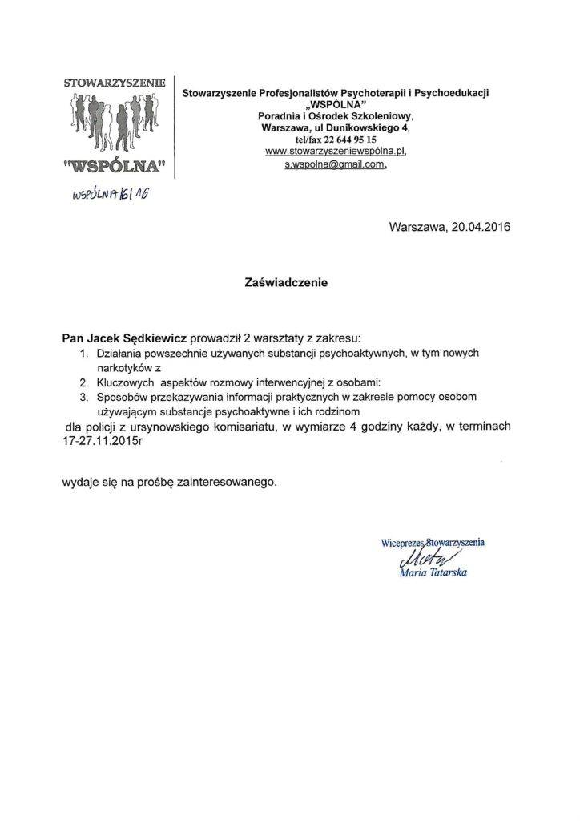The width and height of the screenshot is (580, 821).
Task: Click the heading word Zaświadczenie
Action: (x=286, y=282)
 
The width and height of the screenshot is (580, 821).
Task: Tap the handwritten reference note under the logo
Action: (x=110, y=194)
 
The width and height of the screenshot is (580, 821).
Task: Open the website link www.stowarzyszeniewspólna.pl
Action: (x=336, y=151)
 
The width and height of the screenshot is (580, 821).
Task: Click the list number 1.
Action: (x=84, y=354)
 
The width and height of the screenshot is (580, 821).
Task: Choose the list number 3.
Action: (x=84, y=395)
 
